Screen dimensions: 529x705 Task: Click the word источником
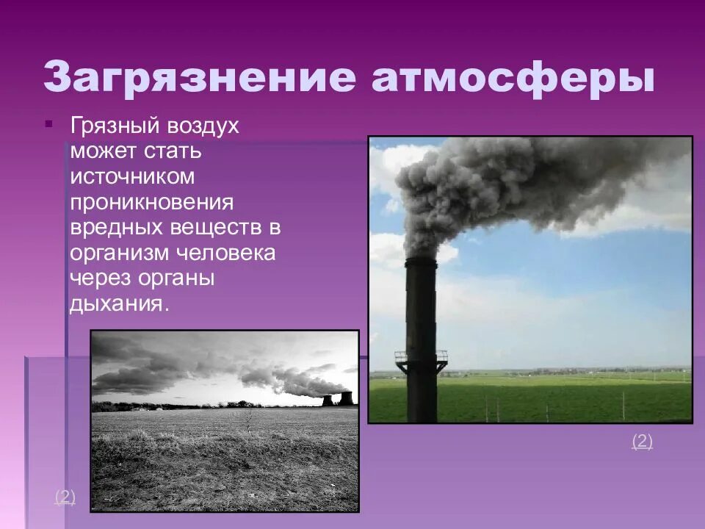[133, 177]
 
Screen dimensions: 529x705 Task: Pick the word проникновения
[152, 202]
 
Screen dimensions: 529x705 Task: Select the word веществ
[214, 227]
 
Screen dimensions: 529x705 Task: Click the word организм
[120, 253]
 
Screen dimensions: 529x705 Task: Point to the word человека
[225, 253]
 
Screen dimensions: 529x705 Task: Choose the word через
[99, 278]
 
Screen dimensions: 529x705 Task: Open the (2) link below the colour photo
[642, 442]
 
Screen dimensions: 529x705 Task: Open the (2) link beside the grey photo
[65, 497]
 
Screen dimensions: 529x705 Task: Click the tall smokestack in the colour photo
[421, 323]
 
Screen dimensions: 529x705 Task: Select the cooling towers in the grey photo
[336, 398]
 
